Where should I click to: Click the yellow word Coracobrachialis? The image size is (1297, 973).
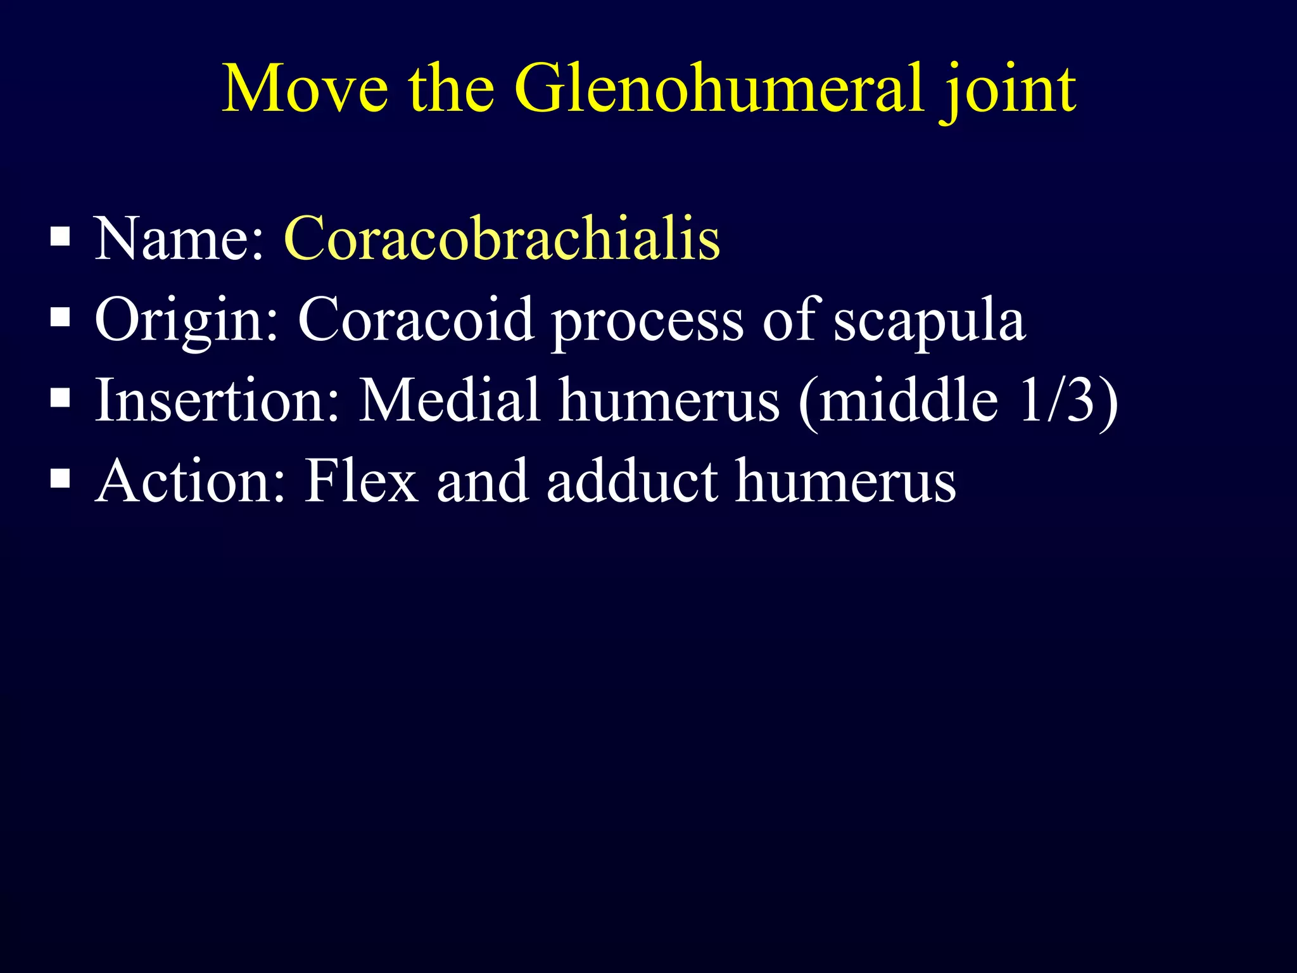(x=502, y=239)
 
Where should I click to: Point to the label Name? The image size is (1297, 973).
(x=179, y=239)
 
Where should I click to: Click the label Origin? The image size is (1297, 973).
(x=186, y=321)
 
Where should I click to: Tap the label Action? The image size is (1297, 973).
(x=190, y=481)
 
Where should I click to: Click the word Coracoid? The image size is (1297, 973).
(x=415, y=319)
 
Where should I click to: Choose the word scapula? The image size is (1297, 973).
(x=928, y=323)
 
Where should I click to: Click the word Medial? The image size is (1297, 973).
(x=450, y=400)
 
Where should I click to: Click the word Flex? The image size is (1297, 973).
(x=361, y=481)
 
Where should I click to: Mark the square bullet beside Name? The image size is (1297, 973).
(x=60, y=237)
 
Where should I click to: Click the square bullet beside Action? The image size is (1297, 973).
(x=60, y=480)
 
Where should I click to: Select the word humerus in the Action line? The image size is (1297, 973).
(x=845, y=481)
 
